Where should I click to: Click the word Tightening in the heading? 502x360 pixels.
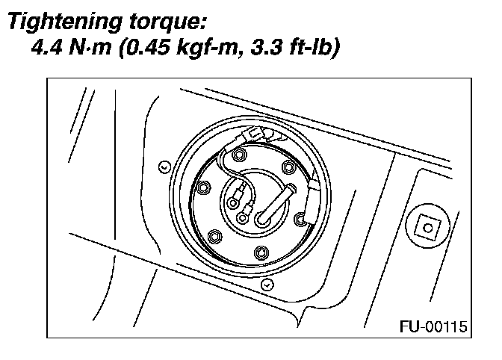point(65,22)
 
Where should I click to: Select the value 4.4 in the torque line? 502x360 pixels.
point(47,47)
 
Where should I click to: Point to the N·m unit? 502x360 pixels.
point(90,47)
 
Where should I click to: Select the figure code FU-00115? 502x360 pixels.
point(433,326)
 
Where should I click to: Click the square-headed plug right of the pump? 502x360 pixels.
point(428,228)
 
